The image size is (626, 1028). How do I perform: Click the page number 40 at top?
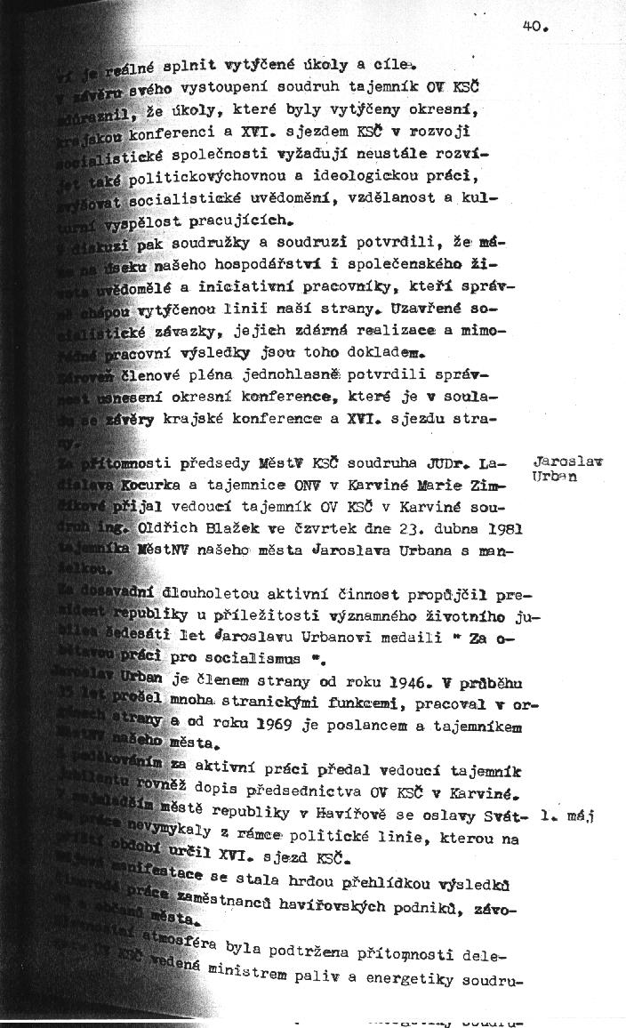coord(534,27)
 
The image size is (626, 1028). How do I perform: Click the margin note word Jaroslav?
coord(567,462)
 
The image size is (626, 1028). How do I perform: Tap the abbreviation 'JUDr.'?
coord(452,463)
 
